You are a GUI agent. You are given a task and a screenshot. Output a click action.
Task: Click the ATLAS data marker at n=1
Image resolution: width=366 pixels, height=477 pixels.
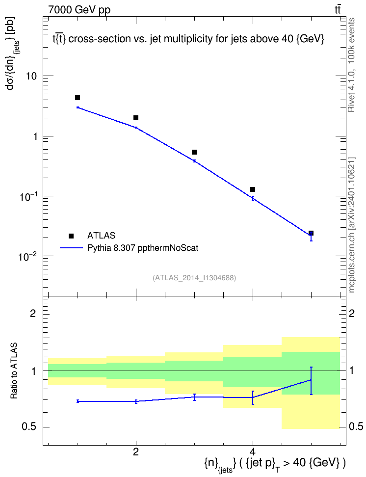point(78,98)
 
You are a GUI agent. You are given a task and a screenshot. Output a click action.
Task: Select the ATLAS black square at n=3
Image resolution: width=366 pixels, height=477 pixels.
point(194,152)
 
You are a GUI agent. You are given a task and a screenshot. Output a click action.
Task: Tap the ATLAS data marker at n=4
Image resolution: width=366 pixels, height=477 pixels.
point(253,189)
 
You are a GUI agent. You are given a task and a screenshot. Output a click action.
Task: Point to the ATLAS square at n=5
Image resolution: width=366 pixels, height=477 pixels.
point(311,233)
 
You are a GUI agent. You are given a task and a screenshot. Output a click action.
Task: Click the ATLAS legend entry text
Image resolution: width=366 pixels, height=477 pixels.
point(101,236)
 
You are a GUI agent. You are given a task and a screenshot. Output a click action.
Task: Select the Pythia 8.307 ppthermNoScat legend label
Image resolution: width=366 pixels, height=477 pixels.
point(143,248)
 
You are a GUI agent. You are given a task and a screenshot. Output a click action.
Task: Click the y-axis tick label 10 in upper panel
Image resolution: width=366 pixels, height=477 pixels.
point(31,76)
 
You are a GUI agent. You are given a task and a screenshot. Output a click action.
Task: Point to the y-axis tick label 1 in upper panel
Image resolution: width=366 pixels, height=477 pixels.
point(35,136)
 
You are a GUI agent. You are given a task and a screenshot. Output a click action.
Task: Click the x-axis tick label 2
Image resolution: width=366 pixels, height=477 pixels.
point(136,452)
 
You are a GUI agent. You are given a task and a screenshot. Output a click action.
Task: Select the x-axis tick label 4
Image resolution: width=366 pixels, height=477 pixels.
point(253,452)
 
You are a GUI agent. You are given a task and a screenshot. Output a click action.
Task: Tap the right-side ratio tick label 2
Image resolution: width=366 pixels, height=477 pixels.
point(352,313)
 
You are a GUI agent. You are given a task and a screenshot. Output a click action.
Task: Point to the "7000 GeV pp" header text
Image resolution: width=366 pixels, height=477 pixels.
point(79,10)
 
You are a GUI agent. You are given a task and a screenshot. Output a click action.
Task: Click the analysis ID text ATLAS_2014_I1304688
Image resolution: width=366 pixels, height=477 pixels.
point(194,278)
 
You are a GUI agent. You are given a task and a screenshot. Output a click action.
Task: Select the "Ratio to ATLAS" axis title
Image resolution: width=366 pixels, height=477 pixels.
point(14,371)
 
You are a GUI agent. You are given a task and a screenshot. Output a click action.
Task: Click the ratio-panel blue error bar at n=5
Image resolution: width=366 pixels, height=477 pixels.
point(311,381)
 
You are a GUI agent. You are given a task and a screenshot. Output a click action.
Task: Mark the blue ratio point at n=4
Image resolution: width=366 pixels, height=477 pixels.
point(253,397)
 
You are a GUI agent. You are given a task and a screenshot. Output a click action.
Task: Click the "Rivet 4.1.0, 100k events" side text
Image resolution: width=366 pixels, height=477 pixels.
point(351,65)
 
